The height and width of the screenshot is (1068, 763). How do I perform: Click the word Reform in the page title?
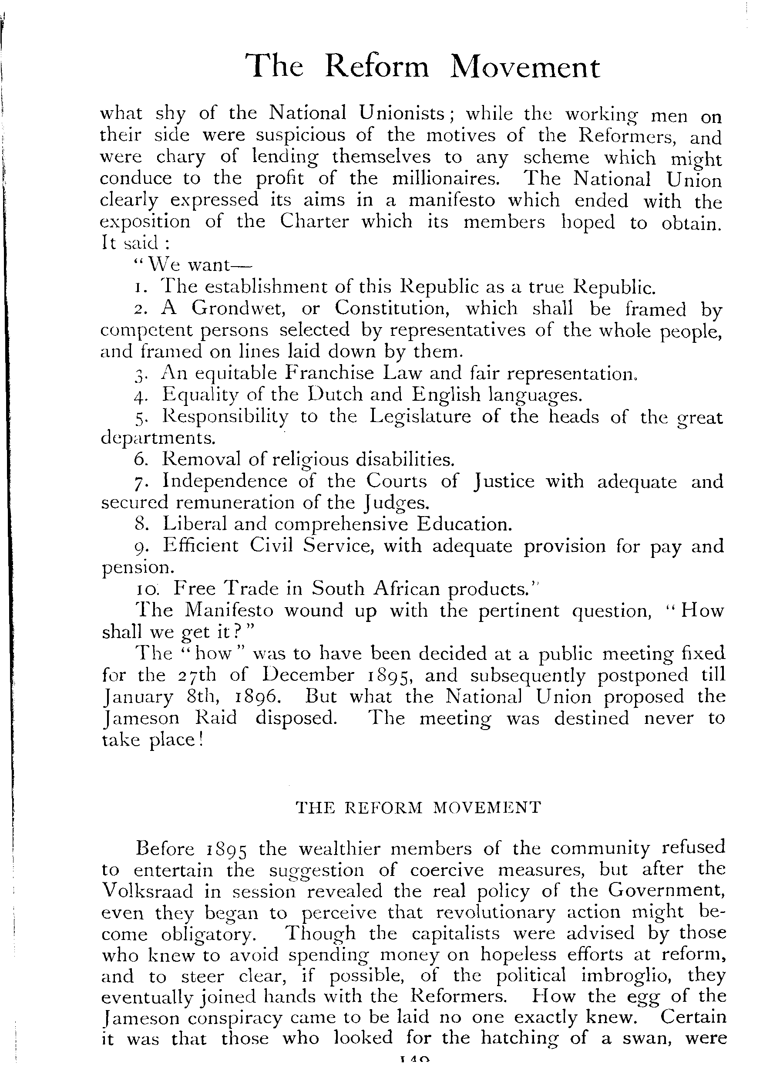377,67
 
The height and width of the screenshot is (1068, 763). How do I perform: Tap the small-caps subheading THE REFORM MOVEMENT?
418,808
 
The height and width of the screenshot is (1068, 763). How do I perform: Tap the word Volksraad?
147,891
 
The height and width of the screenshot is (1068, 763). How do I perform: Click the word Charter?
314,221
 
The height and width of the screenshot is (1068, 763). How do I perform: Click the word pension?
138,568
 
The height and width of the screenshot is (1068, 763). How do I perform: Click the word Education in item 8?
464,524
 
